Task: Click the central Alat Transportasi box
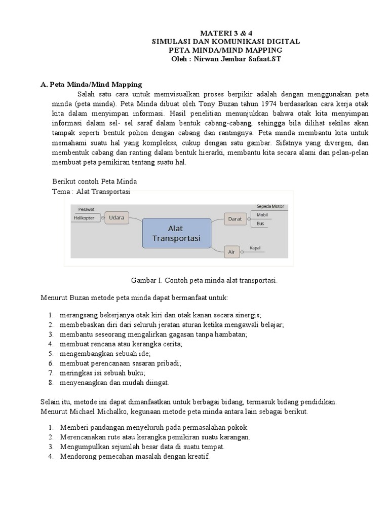coord(176,233)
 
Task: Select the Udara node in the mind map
coord(117,217)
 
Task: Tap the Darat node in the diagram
coord(235,219)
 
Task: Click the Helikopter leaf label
coord(84,218)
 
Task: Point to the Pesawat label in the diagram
coord(86,209)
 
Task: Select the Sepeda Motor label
coord(270,207)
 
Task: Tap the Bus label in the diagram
coord(260,223)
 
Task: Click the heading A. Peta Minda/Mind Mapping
coord(91,84)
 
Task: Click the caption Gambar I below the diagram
coord(205,280)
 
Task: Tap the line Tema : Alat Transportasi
coord(92,192)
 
